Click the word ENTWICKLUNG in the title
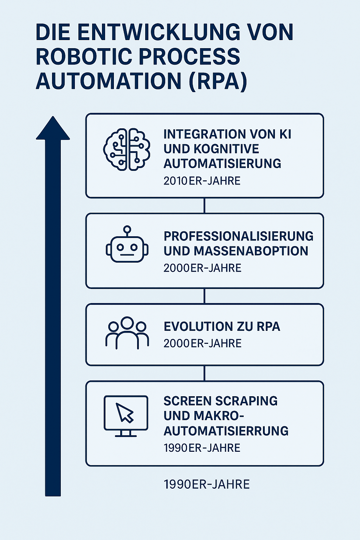click(x=159, y=32)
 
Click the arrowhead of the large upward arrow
click(x=53, y=128)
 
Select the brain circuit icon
click(x=127, y=149)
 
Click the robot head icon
click(x=127, y=244)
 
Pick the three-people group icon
click(x=127, y=333)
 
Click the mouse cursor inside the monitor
click(x=124, y=413)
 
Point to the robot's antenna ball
click(x=127, y=229)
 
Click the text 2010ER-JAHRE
click(x=202, y=181)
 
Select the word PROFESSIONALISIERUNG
click(x=238, y=236)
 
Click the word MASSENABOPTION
click(x=251, y=251)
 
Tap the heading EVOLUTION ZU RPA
click(x=222, y=327)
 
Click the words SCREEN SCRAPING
click(x=221, y=401)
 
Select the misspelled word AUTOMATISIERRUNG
click(x=226, y=431)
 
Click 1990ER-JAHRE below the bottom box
click(x=207, y=484)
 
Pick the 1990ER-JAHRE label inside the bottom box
click(x=202, y=448)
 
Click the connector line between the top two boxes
click(x=205, y=206)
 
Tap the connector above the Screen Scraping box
click(x=205, y=373)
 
